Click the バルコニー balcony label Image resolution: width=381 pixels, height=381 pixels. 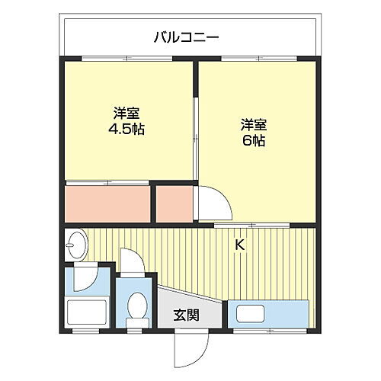click(x=187, y=36)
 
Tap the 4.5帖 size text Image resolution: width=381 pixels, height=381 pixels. click(x=127, y=129)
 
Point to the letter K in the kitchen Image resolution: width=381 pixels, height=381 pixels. click(x=239, y=245)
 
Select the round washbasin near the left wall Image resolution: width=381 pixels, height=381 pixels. click(x=76, y=245)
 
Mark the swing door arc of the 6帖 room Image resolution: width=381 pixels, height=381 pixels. click(x=210, y=202)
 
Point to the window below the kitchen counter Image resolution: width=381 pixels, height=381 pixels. click(x=263, y=332)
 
